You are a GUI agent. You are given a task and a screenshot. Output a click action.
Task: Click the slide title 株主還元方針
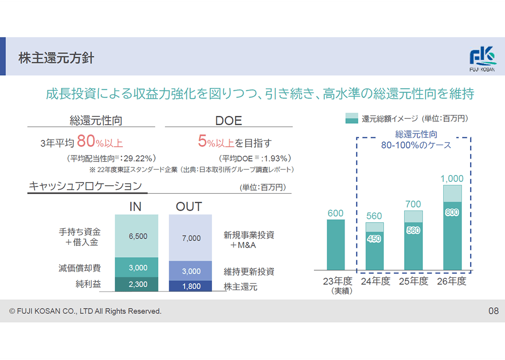[56, 58]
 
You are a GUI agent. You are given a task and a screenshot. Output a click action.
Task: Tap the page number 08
[493, 311]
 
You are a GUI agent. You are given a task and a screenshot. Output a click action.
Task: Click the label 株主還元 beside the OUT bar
[240, 287]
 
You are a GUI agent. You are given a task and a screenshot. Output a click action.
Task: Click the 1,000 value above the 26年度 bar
[452, 179]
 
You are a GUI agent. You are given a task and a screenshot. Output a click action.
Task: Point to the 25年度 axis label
[413, 281]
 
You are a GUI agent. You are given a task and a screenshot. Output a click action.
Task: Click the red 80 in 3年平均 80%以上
[85, 142]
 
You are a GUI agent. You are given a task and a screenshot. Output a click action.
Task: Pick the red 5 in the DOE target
[202, 142]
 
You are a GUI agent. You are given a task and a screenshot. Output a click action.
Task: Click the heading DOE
[228, 120]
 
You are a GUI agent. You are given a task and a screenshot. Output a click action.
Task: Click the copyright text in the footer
[85, 311]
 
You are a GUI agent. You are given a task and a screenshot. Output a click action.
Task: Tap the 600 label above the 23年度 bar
[335, 213]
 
